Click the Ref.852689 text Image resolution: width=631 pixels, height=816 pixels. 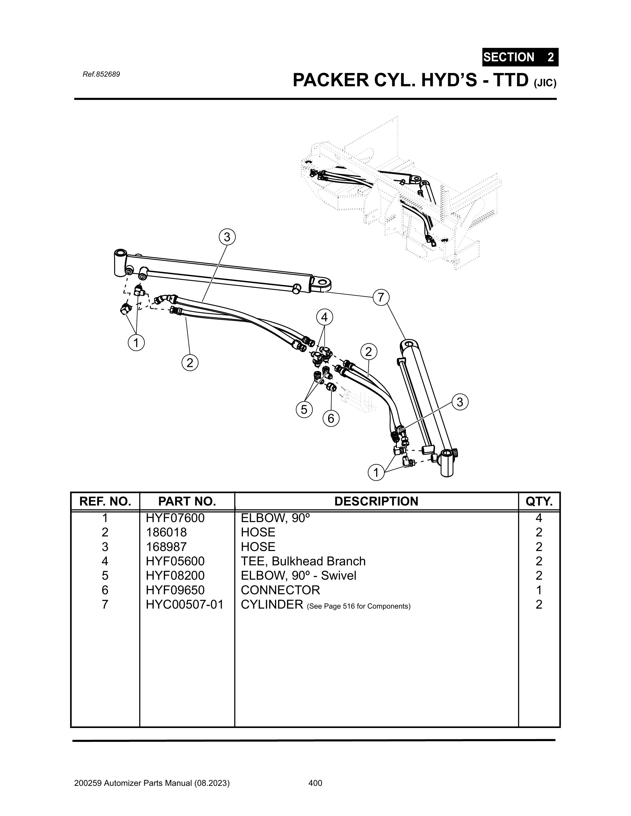[101, 74]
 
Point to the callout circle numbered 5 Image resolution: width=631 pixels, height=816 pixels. [304, 410]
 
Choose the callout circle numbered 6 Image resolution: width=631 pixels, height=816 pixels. [331, 419]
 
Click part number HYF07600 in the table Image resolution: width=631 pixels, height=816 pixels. [175, 518]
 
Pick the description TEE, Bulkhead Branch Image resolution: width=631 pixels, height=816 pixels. [303, 561]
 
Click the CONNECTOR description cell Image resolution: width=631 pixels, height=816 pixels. [280, 590]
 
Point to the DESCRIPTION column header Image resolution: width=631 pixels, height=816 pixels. [376, 501]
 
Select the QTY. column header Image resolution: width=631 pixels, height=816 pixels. [539, 501]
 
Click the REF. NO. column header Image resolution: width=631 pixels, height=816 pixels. [105, 501]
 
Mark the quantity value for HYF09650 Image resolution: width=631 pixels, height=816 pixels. [539, 590]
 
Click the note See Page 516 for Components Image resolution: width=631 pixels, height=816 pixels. [358, 606]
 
